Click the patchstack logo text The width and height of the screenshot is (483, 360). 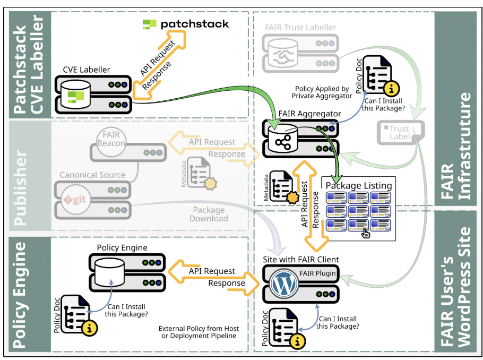point(194,24)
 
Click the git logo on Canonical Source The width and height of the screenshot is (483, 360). point(75,200)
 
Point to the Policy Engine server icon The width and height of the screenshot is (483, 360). point(127,271)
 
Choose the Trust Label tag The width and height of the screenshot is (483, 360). point(399,133)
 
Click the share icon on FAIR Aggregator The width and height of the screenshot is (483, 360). point(282,141)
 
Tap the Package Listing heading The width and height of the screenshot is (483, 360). point(358,185)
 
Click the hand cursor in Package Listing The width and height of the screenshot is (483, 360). point(366,232)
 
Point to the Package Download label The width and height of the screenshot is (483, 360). point(209,214)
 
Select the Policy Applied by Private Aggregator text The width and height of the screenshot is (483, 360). point(322,92)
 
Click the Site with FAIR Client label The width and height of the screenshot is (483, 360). point(301,259)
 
